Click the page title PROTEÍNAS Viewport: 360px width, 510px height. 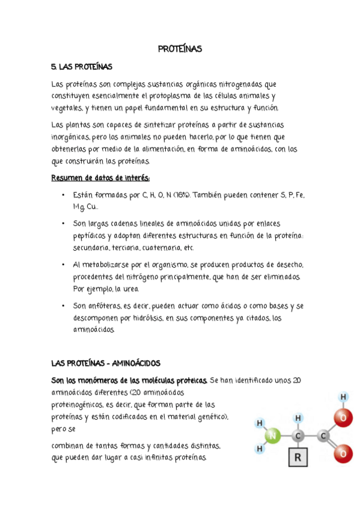(x=180, y=49)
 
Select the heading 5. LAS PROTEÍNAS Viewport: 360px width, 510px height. (x=82, y=67)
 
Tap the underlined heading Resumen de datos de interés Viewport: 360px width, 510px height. (x=100, y=178)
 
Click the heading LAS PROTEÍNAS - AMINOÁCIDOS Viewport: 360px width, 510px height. (x=105, y=363)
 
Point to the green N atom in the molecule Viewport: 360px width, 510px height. (x=274, y=436)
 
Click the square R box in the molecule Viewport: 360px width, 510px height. (x=299, y=459)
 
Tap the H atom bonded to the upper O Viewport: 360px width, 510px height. (x=343, y=396)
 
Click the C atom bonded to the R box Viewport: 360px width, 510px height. (x=298, y=436)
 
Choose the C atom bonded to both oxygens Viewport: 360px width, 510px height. (x=324, y=436)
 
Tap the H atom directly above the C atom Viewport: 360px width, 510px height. (x=298, y=417)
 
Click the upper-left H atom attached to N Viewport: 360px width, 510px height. (x=260, y=423)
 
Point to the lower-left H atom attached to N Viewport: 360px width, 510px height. (x=260, y=449)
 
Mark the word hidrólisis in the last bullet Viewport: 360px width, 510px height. (x=142, y=318)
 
